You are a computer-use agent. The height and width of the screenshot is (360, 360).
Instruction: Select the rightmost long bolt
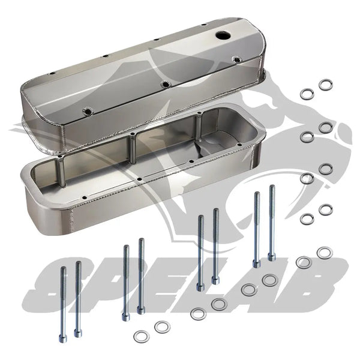coord(272,223)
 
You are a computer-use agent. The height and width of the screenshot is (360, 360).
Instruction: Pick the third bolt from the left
coord(125,283)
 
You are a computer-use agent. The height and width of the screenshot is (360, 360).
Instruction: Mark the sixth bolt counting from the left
coord(215,247)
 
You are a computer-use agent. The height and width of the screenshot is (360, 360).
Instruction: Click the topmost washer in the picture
coord(326,85)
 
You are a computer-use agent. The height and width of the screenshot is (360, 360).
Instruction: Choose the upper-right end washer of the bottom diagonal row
coord(324,253)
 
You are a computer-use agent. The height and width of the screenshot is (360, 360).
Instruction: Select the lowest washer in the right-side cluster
coord(307,219)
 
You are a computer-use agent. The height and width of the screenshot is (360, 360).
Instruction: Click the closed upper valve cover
coord(144,90)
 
